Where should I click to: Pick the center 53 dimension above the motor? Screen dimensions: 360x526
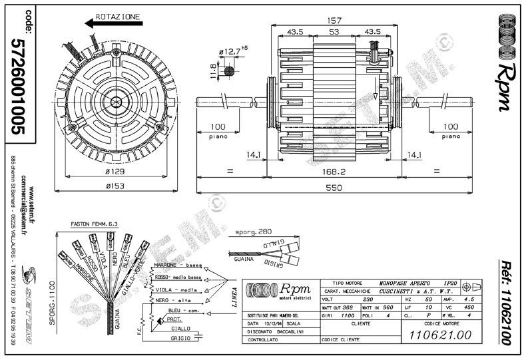(x=334, y=31)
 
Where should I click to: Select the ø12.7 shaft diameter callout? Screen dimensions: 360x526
(x=230, y=51)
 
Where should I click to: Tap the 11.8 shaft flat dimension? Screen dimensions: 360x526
(x=213, y=70)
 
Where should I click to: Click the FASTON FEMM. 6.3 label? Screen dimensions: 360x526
(x=95, y=226)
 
